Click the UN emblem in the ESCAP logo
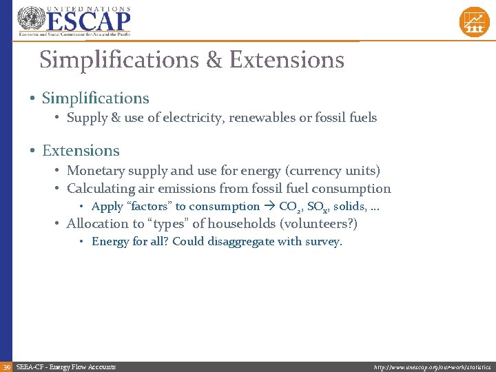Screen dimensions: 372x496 click(30, 19)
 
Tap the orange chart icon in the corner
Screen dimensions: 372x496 click(474, 21)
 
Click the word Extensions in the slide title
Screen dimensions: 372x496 click(287, 60)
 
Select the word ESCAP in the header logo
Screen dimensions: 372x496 click(87, 21)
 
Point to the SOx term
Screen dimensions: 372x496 click(317, 207)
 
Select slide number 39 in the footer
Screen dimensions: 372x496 click(6, 367)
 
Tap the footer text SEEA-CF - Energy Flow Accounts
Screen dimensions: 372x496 click(66, 367)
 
